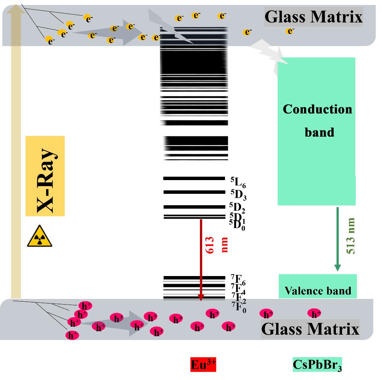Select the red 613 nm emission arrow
pos(201,259)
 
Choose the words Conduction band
pos(317,120)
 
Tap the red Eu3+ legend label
pos(203,364)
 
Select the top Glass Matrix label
pos(313,17)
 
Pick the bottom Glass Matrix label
pos(310,329)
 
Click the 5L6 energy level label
pos(238,182)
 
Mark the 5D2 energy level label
pos(237,208)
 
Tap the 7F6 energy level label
pos(238,279)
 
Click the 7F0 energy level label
pos(238,307)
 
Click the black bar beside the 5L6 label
pos(194,178)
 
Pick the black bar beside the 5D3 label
pos(194,192)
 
